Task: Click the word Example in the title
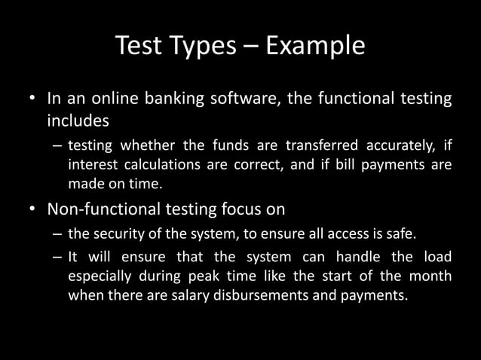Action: [x=312, y=47]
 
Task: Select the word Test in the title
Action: [x=138, y=47]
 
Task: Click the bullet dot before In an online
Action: [x=32, y=100]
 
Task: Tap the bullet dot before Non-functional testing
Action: [x=32, y=209]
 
